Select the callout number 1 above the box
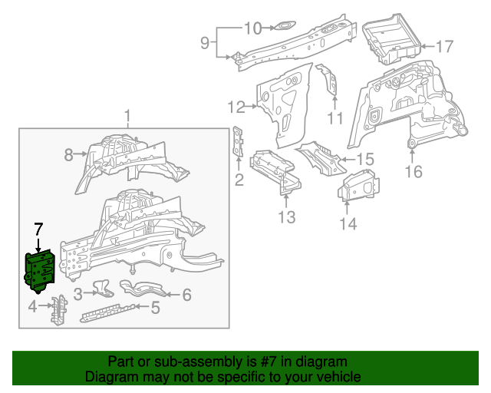[x=127, y=117]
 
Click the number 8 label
[x=68, y=155]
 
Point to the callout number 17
[x=445, y=47]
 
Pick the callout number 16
[x=414, y=172]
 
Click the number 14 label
[x=348, y=223]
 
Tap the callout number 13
[x=286, y=218]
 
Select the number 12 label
[x=236, y=107]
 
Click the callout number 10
[x=253, y=29]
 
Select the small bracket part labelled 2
[x=239, y=144]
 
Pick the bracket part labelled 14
[x=358, y=187]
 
